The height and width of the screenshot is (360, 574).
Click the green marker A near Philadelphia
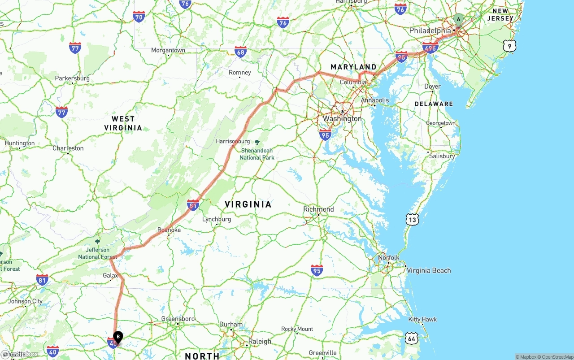[x=458, y=19]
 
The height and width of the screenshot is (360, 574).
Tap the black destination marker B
[x=117, y=336]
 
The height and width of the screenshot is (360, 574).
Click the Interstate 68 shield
[x=240, y=52]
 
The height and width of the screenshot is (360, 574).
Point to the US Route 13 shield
[x=413, y=219]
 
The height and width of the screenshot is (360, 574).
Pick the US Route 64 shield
[x=412, y=338]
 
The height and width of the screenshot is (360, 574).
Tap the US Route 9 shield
[x=509, y=45]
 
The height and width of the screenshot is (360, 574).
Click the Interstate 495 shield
[x=430, y=48]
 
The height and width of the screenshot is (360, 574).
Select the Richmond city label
[x=318, y=209]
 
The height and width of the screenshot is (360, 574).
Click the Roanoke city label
[x=169, y=230]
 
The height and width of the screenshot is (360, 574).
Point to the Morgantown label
[x=168, y=50]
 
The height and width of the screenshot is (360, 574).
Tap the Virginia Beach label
[x=429, y=270]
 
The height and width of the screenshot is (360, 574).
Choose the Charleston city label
[x=68, y=148]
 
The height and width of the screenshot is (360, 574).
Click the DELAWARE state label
[x=434, y=104]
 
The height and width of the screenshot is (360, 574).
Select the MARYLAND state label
[x=353, y=67]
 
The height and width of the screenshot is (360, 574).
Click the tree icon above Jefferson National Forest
[x=98, y=242]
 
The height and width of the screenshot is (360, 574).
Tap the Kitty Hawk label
[x=422, y=320]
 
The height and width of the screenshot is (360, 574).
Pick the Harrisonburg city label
[x=232, y=141]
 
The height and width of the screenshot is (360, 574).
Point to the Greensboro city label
[x=178, y=319]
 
